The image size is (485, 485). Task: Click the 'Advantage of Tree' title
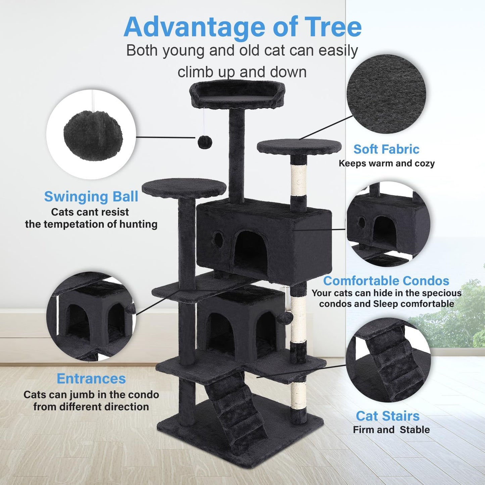click(x=242, y=27)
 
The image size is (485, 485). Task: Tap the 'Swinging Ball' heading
click(x=91, y=197)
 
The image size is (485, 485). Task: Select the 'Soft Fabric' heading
click(x=386, y=149)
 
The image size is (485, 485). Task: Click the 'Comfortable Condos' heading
click(x=386, y=281)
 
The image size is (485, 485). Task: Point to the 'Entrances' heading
click(x=91, y=379)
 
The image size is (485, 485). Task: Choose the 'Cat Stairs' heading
click(x=388, y=416)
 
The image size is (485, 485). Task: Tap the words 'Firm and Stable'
click(x=391, y=430)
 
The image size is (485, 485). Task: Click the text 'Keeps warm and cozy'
click(x=386, y=163)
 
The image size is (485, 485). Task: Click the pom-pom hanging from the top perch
click(x=204, y=142)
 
